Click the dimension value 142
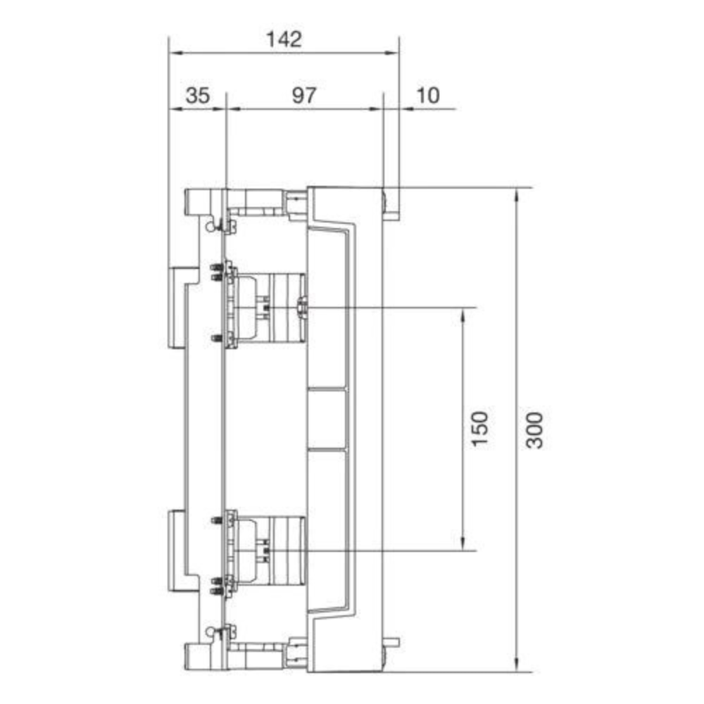click(x=284, y=39)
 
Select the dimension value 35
click(x=198, y=96)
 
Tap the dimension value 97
click(x=304, y=96)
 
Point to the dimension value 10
click(x=428, y=96)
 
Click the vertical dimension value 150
click(x=479, y=428)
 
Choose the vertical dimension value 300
click(x=535, y=430)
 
